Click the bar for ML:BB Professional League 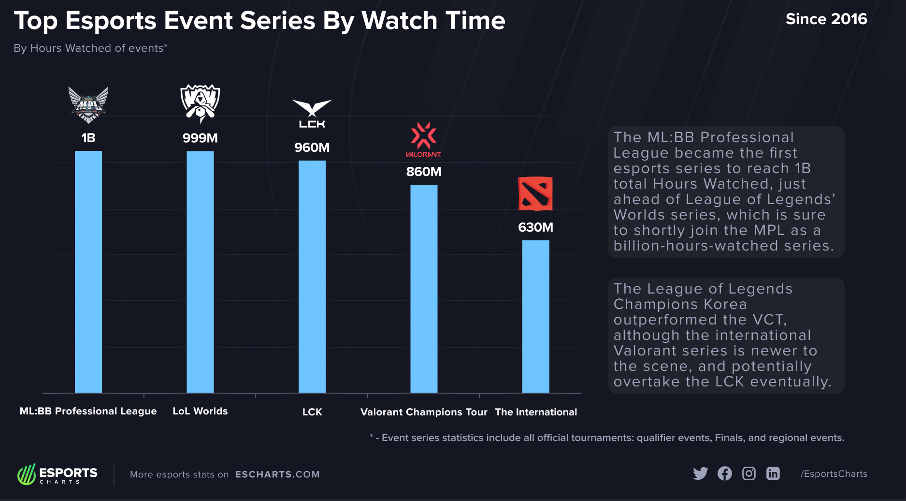88,271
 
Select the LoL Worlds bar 200,271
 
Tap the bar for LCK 312,276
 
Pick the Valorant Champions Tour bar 424,288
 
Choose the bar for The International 536,316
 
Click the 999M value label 200,138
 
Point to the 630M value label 535,227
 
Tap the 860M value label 424,172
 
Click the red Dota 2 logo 535,193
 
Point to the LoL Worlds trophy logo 200,103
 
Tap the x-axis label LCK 312,412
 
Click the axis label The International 536,412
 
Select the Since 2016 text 826,19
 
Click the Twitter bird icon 700,473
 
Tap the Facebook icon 725,473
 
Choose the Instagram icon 749,473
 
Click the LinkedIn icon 773,473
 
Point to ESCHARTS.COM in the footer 277,474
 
